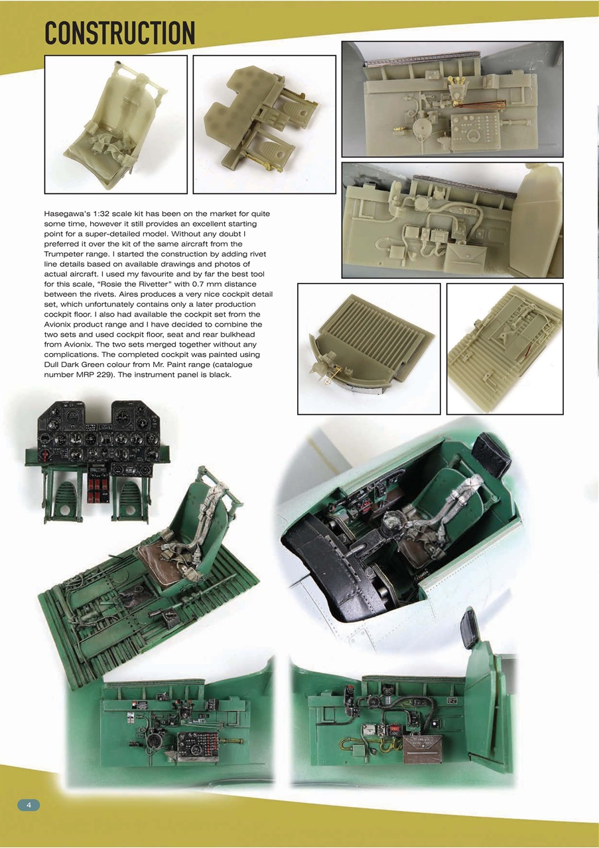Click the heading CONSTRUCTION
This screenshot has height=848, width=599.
pyautogui.click(x=119, y=32)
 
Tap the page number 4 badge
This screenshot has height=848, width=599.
pyautogui.click(x=29, y=804)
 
